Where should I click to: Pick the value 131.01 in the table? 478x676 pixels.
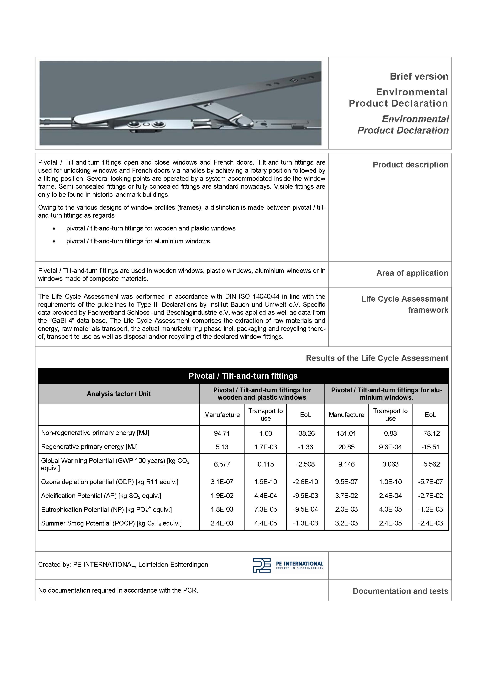click(x=346, y=433)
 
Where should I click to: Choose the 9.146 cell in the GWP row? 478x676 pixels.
click(x=346, y=464)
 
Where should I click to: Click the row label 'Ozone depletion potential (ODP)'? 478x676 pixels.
click(x=109, y=482)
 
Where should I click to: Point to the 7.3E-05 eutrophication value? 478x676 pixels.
click(x=265, y=509)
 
